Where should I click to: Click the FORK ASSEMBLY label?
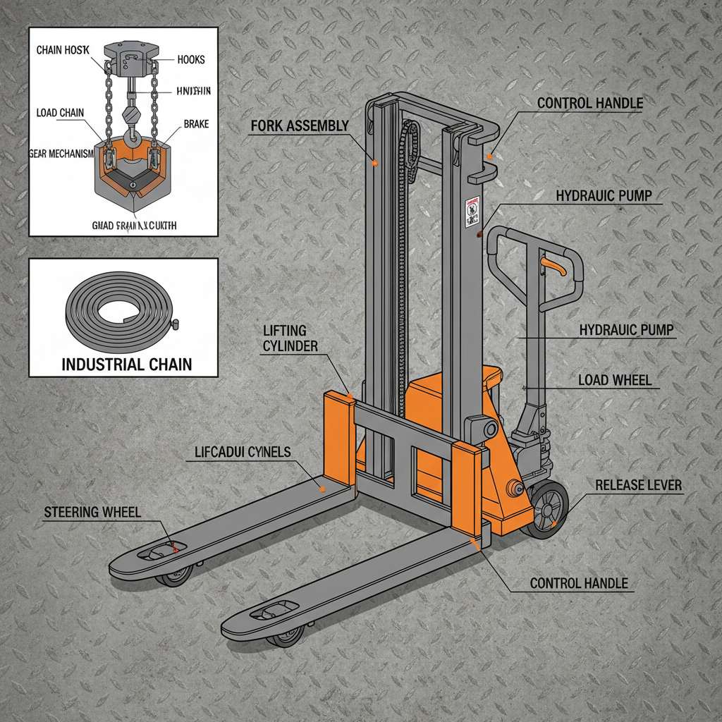click(300, 127)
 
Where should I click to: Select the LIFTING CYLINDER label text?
click(290, 338)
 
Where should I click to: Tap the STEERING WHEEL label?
click(92, 512)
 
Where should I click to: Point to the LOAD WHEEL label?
click(615, 380)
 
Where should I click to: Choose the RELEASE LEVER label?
click(639, 485)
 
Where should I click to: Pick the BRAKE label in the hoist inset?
click(196, 123)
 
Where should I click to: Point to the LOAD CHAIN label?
click(61, 113)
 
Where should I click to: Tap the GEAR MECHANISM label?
click(62, 154)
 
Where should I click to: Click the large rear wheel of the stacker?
click(548, 510)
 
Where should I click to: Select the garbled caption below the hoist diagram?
click(134, 226)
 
